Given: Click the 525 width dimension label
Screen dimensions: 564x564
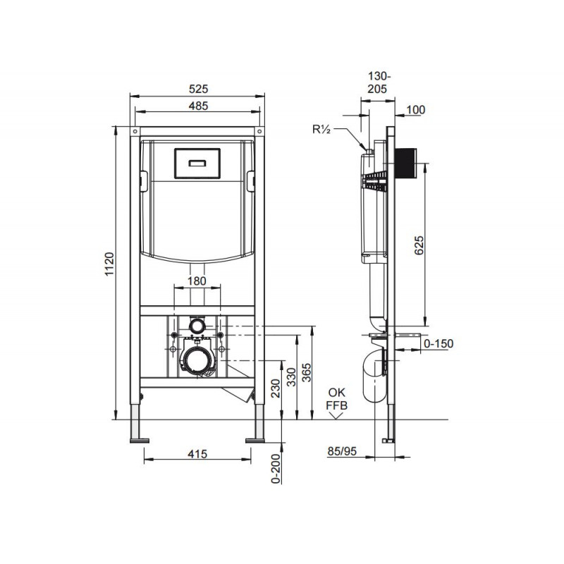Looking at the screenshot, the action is (199, 89).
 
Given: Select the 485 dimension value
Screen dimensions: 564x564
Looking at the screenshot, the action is (199, 106).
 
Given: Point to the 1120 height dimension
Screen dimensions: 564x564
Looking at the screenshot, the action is (109, 264).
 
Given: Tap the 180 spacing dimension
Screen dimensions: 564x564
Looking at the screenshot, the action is (197, 281).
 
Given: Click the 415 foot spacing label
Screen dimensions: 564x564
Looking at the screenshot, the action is (197, 454).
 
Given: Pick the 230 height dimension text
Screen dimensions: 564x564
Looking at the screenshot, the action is (276, 388).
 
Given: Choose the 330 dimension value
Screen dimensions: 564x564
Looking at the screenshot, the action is (292, 377).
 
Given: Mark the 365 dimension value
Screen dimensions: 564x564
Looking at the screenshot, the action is (307, 373).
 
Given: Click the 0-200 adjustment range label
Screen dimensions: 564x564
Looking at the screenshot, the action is (276, 469).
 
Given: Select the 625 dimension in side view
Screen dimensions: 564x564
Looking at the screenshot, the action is (419, 245).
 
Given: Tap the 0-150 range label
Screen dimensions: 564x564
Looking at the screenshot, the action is (439, 343).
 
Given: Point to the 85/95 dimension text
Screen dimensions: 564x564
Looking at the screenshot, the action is (342, 450).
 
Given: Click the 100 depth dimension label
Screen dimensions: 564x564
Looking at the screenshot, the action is (415, 110).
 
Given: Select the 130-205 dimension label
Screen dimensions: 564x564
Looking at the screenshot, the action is (378, 82).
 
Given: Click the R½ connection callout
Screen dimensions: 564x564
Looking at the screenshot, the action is (321, 130).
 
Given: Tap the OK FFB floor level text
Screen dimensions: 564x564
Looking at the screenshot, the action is (337, 399).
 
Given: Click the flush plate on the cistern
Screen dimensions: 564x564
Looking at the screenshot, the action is (197, 164).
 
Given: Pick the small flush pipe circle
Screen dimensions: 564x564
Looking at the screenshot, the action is (197, 326).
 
